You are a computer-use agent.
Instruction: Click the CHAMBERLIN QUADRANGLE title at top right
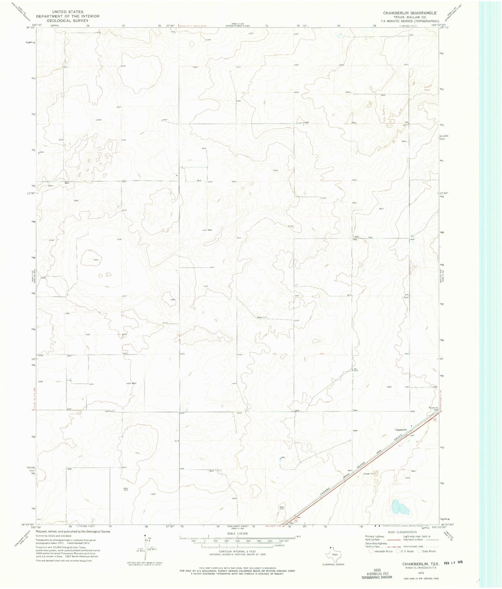405,13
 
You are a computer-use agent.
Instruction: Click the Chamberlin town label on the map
401,430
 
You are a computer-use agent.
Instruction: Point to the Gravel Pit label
368,473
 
